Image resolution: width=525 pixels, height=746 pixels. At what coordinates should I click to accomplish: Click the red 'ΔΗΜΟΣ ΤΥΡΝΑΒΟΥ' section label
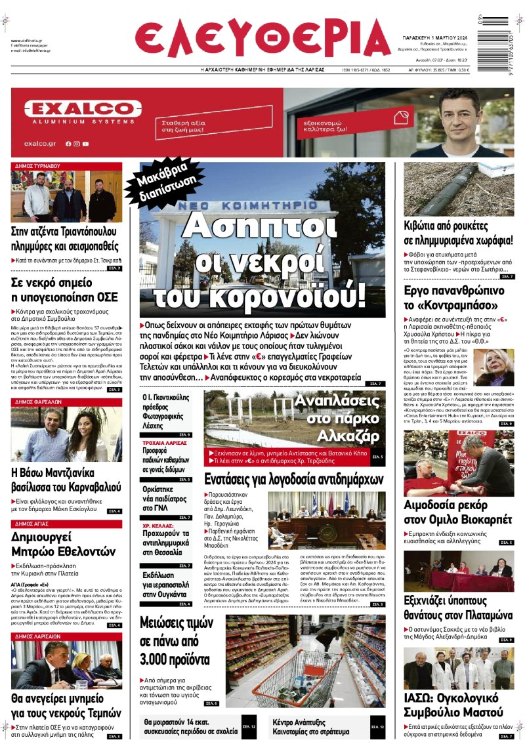click(38, 166)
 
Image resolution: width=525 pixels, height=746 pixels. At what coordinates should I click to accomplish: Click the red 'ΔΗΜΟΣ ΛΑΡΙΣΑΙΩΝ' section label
click(41, 636)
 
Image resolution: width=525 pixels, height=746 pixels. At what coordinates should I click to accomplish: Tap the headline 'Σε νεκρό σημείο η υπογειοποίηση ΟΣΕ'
click(59, 289)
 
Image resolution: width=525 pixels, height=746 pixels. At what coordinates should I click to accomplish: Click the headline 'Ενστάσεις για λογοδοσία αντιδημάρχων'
click(293, 480)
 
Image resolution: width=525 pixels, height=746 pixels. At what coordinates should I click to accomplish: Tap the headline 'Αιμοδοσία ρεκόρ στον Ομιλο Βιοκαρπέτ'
click(458, 514)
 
